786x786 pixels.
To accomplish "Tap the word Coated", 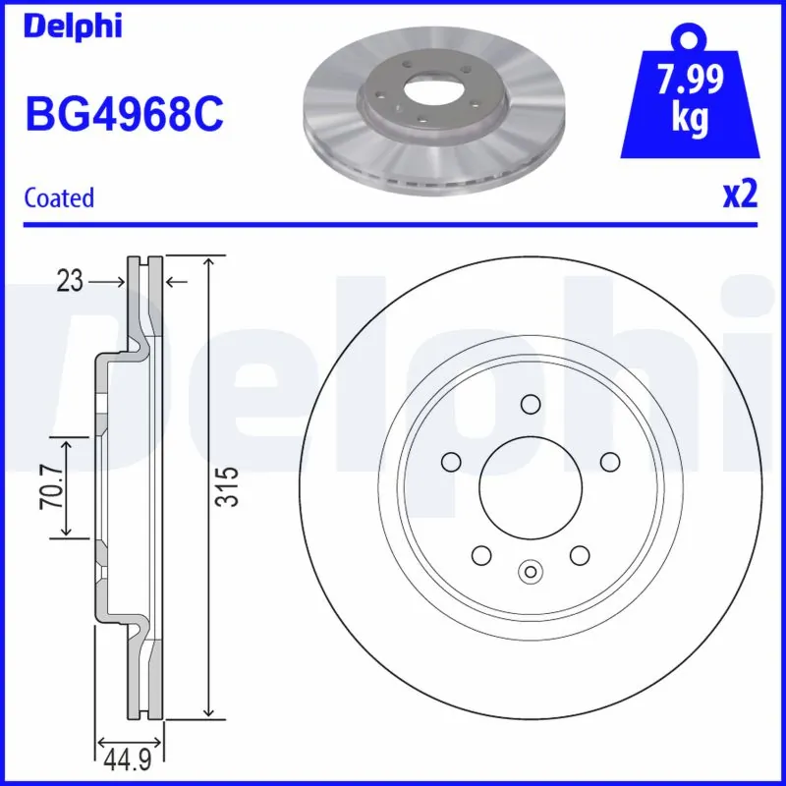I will (x=59, y=197).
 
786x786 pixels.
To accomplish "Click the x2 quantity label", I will (x=741, y=196).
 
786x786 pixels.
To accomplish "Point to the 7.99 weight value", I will (x=692, y=80).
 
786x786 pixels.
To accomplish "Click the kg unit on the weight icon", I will (x=692, y=118).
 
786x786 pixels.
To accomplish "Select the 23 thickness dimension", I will (x=69, y=282).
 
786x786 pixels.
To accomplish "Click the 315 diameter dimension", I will (x=227, y=486).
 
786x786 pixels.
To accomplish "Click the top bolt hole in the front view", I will (x=531, y=404).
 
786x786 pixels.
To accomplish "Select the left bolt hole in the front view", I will (x=452, y=462).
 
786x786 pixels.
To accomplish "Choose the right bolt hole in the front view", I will (x=609, y=462).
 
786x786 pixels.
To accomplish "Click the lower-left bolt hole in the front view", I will (x=481, y=555).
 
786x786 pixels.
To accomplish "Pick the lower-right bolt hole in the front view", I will (x=580, y=555).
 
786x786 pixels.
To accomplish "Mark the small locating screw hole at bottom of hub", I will (x=531, y=571).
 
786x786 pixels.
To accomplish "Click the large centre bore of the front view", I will (x=531, y=486).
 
